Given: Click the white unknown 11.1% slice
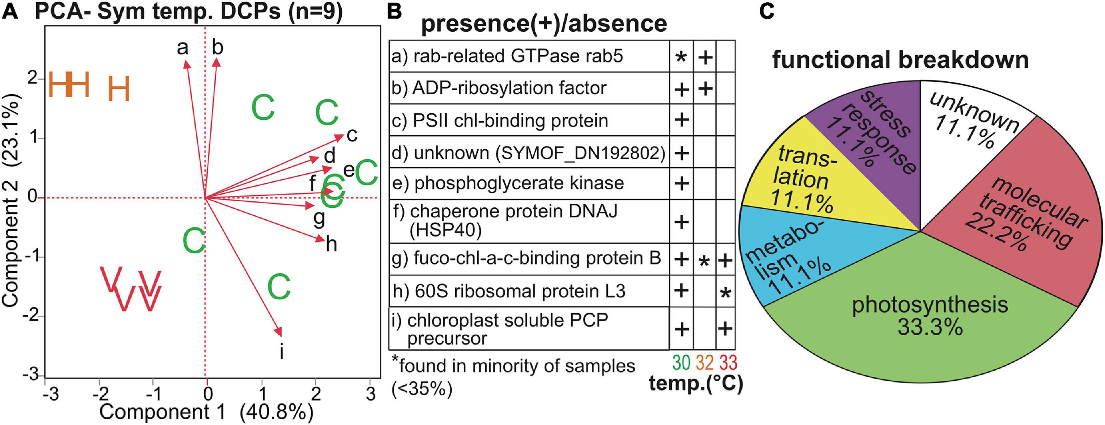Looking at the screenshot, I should tap(972, 124).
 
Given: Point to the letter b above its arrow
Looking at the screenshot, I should tap(217, 47).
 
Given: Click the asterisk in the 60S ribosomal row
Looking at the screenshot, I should tap(725, 293).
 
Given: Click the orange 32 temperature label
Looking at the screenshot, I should tap(705, 363).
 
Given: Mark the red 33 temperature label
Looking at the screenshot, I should tap(728, 363).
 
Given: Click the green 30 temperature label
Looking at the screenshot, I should tap(681, 363).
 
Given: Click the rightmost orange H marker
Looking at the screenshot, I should tap(119, 88).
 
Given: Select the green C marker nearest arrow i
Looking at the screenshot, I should tap(279, 287).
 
